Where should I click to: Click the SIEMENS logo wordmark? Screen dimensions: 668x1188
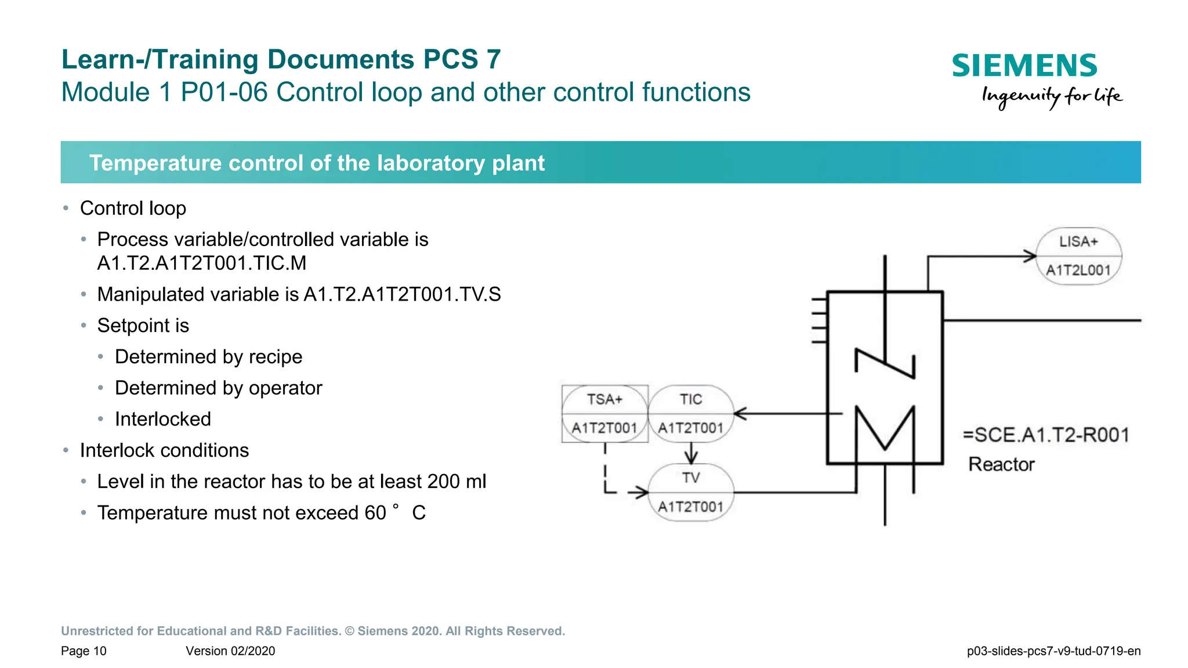click(x=1024, y=66)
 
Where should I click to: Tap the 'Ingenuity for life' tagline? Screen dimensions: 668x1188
click(x=1052, y=96)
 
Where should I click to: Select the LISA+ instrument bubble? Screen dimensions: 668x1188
click(x=1078, y=256)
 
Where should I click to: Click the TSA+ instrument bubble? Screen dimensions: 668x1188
click(x=604, y=414)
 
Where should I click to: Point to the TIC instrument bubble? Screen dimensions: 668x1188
click(x=690, y=414)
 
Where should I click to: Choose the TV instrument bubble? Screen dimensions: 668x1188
click(x=690, y=492)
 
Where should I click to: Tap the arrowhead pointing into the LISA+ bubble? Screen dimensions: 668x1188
click(x=1030, y=256)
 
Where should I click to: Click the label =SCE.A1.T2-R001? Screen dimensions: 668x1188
click(x=1046, y=435)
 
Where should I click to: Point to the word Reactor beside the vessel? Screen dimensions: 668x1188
click(x=1001, y=464)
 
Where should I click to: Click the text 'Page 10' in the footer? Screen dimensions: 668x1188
click(x=84, y=651)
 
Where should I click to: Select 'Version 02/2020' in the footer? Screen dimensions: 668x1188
click(x=230, y=651)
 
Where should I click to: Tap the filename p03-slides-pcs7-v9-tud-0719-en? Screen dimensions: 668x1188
click(x=1053, y=651)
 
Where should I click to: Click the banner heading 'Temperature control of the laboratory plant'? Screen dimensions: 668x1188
click(x=317, y=163)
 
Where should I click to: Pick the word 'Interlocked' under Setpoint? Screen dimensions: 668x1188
click(x=163, y=419)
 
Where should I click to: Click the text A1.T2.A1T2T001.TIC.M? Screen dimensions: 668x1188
click(x=202, y=263)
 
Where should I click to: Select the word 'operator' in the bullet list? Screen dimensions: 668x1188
click(x=285, y=388)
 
